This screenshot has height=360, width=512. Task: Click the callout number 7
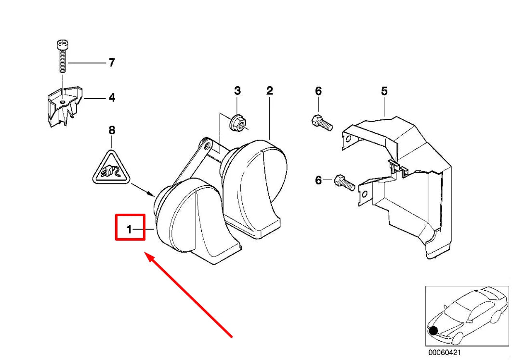111,63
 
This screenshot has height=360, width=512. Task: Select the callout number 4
111,98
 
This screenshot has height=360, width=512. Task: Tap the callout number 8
112,130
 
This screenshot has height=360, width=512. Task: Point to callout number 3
237,90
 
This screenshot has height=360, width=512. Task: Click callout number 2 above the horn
270,90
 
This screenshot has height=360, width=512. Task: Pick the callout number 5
384,90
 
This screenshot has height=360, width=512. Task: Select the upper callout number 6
318,91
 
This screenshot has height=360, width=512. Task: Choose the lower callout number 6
318,180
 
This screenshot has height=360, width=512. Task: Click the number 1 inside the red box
129,230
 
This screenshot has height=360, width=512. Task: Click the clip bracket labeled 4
64,107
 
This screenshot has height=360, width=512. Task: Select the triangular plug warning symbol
112,168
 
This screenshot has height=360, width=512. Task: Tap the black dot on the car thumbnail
433,331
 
